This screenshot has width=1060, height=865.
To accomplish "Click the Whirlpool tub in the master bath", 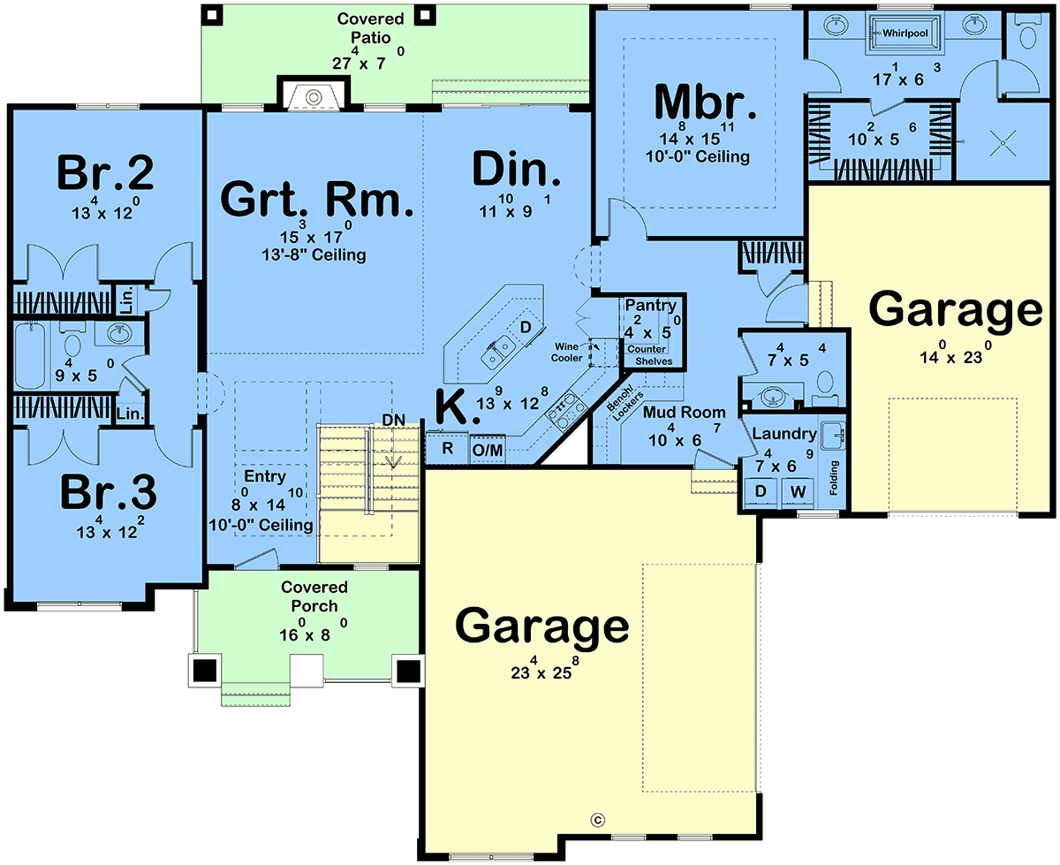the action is coord(904,34).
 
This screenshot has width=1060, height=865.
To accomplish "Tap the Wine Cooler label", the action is coord(566,353).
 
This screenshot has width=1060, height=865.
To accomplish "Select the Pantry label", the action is coord(650,305).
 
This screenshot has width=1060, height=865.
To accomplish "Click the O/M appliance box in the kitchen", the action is coord(488,450).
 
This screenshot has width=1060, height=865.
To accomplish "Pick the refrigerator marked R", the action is coord(447,448).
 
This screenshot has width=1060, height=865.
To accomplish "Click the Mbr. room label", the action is coord(705,103).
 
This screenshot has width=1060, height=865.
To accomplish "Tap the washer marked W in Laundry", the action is coord(799,491).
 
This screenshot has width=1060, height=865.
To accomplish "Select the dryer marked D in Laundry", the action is coord(761,491).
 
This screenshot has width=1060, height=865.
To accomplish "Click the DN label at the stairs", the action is coord(393,421).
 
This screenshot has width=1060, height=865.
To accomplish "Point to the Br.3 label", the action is coord(108,492).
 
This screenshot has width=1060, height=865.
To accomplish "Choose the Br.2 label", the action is coord(105,172).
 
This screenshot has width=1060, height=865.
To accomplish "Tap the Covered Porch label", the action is coord(314,596).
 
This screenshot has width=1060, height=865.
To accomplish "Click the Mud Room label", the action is coord(684,413).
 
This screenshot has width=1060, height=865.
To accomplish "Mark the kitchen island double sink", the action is coord(497,353).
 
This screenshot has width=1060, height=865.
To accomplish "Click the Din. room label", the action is coord(516,170).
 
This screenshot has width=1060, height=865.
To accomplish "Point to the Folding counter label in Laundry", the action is coord(834,477).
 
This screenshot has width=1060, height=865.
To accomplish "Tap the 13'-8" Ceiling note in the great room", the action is coord(314,254).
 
